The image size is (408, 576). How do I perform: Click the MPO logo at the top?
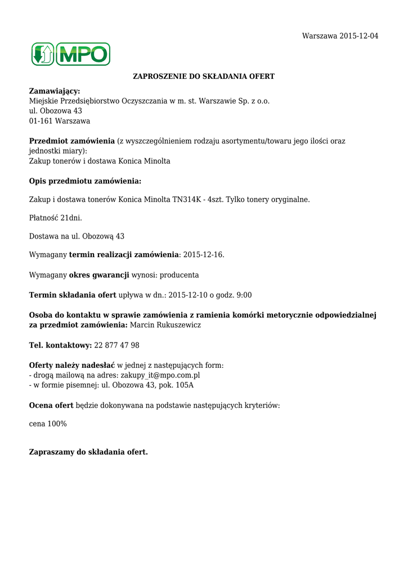pos(70,54)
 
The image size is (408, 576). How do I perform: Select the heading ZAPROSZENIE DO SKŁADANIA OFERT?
pos(203,76)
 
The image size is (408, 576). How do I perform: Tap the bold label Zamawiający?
pos(55,91)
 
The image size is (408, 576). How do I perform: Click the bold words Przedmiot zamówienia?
pos(72,141)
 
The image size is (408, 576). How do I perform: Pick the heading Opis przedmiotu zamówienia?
pos(85,181)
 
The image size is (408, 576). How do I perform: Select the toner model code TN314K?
pos(188,200)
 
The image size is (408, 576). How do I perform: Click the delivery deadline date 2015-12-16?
pos(204,255)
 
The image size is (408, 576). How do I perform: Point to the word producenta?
pos(179,275)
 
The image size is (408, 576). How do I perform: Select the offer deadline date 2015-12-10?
pos(189,295)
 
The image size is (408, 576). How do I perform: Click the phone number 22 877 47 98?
pos(117,345)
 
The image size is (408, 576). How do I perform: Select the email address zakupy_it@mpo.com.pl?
pos(160,375)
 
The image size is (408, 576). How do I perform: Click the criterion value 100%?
pos(57,424)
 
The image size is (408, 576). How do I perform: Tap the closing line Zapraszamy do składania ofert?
pos(88,452)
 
